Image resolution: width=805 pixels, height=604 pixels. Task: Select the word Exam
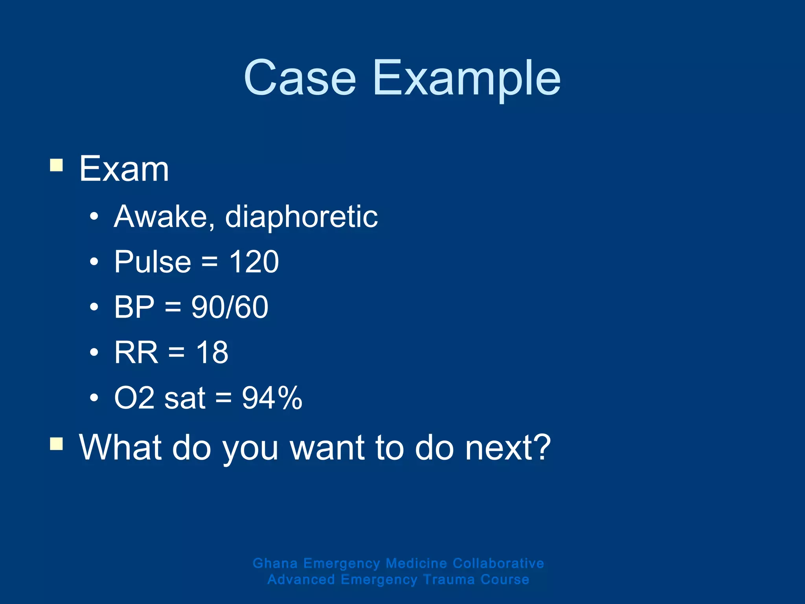124,169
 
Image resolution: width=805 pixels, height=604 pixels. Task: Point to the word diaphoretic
301,217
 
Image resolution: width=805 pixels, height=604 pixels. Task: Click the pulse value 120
254,262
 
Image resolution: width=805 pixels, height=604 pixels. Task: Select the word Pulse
153,262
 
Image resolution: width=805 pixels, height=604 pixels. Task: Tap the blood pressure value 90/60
230,307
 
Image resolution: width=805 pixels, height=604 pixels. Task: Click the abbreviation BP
134,307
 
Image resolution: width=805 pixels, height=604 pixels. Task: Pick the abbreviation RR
136,352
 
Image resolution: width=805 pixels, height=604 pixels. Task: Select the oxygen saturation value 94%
272,398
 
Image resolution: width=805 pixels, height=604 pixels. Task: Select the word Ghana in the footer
275,563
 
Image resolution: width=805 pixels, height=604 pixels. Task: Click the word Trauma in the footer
449,580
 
